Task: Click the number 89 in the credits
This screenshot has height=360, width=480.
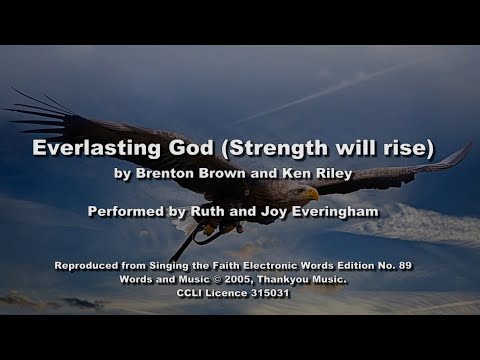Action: tap(404, 265)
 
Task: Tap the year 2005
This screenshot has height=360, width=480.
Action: tap(235, 279)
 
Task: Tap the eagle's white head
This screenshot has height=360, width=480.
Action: tap(301, 189)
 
